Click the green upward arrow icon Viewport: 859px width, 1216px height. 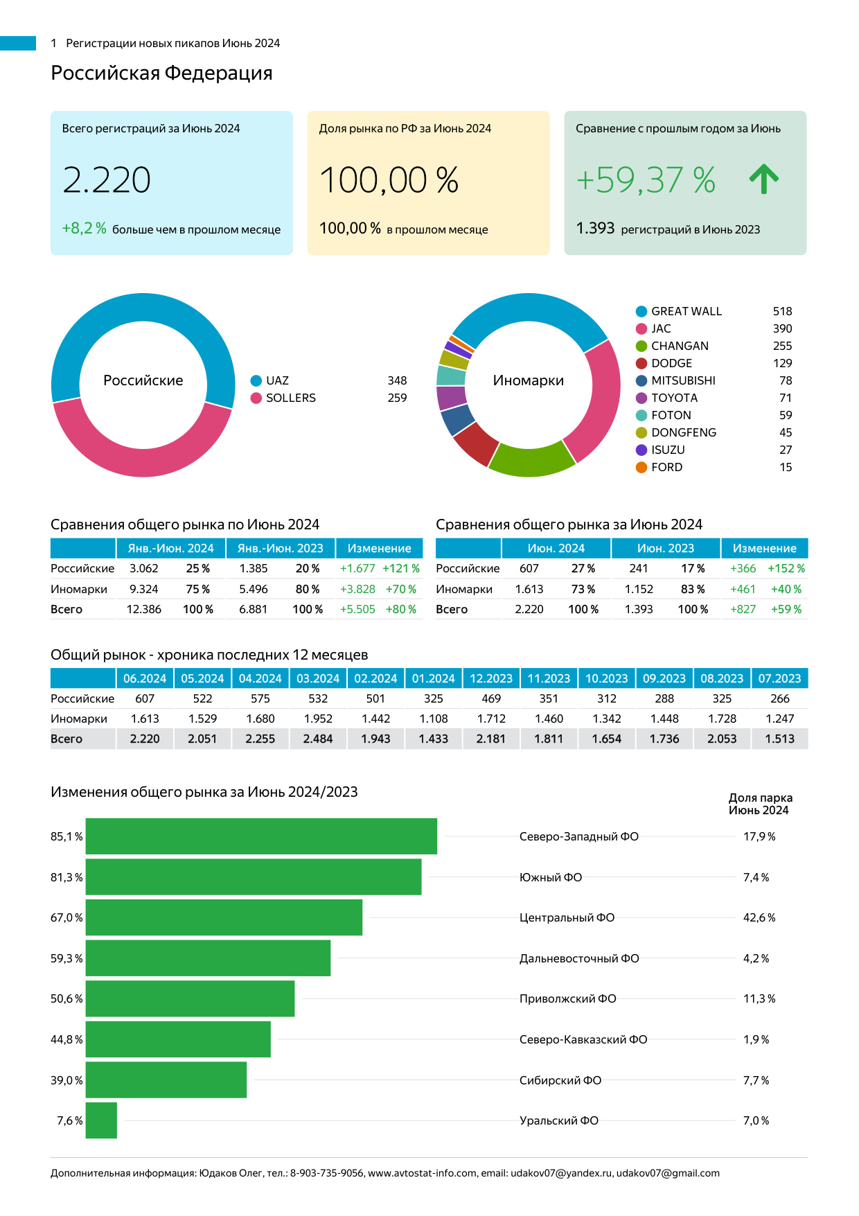point(763,179)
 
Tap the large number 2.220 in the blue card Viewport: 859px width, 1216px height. point(107,180)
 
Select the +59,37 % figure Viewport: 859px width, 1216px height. point(646,180)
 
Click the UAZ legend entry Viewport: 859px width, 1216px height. point(277,380)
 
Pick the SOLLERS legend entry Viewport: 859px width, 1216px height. point(290,398)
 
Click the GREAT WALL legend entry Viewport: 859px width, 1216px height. point(686,311)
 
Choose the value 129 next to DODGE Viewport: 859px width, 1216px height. point(782,363)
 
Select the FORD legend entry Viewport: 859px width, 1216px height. point(666,467)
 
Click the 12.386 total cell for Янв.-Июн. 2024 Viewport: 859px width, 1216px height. point(144,609)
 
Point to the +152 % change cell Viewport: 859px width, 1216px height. point(786,568)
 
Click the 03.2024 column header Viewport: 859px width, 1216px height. point(318,678)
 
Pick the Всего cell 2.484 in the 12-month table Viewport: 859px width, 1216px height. point(318,739)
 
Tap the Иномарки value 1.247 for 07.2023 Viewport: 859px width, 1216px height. point(779,719)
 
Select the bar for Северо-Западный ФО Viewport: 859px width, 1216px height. point(261,836)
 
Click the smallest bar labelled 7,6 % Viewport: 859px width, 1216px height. point(101,1120)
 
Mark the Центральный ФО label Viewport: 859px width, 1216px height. point(567,917)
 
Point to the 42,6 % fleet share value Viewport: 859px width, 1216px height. point(759,917)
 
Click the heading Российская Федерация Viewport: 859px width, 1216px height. point(161,73)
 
